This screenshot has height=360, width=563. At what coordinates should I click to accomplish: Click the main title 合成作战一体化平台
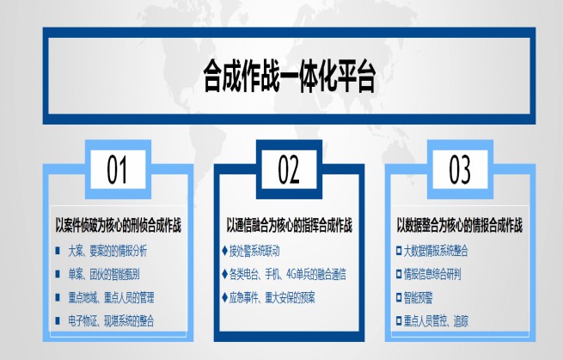[x=290, y=76]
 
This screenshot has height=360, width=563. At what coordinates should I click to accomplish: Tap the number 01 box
[x=118, y=169]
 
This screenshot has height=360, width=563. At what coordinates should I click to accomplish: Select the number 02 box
[x=289, y=169]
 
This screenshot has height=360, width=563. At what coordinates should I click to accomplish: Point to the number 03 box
[x=460, y=169]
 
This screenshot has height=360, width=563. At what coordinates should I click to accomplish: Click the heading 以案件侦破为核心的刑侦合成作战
[x=118, y=225]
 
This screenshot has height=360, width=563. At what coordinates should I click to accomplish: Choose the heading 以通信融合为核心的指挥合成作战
[x=289, y=225]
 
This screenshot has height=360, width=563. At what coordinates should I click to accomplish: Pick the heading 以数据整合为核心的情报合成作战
[x=460, y=225]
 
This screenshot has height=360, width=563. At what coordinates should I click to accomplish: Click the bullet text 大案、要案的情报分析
[x=107, y=251]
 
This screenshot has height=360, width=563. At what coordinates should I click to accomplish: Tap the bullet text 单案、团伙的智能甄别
[x=104, y=275]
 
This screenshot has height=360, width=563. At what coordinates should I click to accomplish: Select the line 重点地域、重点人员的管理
[x=111, y=297]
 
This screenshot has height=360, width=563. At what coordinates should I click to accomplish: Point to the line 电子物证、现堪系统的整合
[x=111, y=320]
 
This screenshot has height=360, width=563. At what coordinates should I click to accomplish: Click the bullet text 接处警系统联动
[x=254, y=251]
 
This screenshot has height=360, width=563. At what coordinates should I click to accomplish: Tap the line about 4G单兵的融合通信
[x=288, y=275]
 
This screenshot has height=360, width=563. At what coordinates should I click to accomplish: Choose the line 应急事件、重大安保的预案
[x=272, y=297]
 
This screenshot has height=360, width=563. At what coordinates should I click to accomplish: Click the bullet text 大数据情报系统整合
[x=436, y=251]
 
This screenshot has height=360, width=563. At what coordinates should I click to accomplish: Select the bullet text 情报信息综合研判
[x=432, y=275]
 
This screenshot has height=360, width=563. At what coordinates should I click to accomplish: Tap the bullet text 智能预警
[x=419, y=297]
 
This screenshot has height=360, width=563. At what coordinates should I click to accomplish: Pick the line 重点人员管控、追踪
[x=436, y=320]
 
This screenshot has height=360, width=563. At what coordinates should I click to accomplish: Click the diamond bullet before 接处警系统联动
[x=224, y=251]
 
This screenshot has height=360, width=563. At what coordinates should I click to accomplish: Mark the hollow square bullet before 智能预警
[x=399, y=297]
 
